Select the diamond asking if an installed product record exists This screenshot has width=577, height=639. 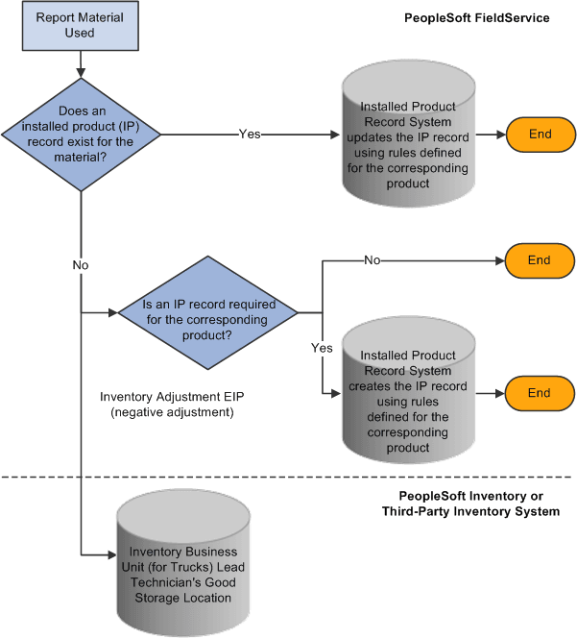[82, 135]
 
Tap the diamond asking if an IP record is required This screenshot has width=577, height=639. [207, 311]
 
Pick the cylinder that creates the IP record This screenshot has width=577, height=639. [407, 394]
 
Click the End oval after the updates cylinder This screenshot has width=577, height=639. [540, 135]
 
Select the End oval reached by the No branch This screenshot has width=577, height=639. [540, 259]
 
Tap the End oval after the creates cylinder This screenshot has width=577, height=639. [540, 393]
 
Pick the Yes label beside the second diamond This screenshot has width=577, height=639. [321, 349]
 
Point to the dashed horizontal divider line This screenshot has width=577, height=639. [288, 477]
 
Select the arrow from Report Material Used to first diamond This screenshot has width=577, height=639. [82, 63]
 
